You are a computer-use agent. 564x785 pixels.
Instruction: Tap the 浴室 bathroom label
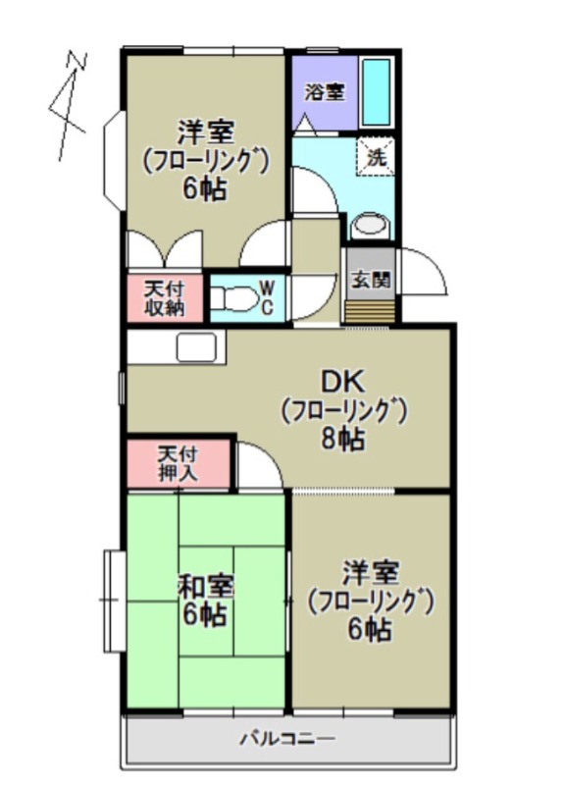point(324,92)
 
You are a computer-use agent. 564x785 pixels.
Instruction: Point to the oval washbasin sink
point(370,224)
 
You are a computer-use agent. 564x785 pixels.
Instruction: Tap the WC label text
point(265,297)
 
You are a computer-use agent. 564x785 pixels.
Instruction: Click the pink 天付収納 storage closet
point(164,299)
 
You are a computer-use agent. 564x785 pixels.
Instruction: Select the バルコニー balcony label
point(287,739)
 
